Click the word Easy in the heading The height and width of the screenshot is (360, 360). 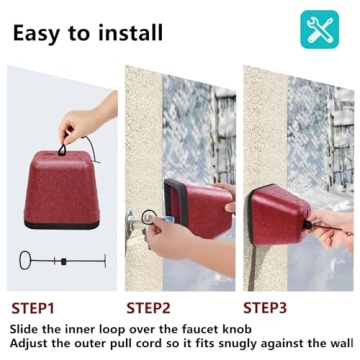(37, 32)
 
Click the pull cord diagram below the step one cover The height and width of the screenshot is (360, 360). (61, 261)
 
